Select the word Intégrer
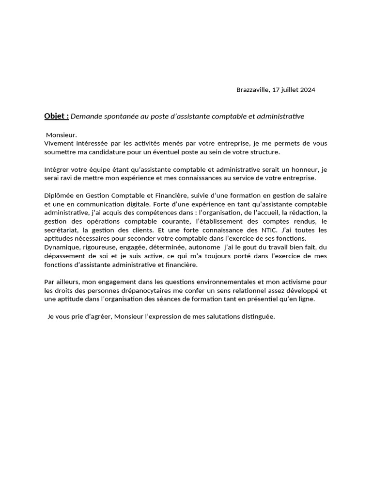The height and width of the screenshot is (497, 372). click(x=57, y=170)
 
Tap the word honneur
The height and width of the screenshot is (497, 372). click(x=307, y=170)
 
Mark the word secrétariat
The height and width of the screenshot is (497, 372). click(x=61, y=231)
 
